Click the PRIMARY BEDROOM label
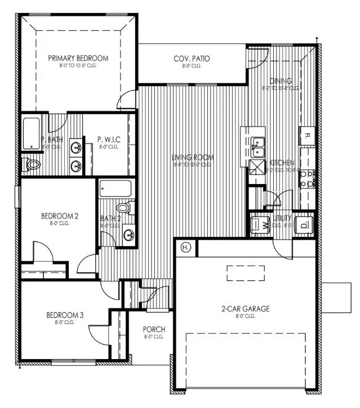pos(78,58)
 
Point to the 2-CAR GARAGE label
pos(245,308)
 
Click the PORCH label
pos(153,329)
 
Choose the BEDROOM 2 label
pos(59,216)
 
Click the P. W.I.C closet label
pos(109,139)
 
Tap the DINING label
pos(280,80)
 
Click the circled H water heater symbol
pos(185,246)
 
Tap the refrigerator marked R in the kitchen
pos(308,135)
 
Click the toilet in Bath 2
pos(128,208)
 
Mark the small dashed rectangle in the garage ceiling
pos(246,274)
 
